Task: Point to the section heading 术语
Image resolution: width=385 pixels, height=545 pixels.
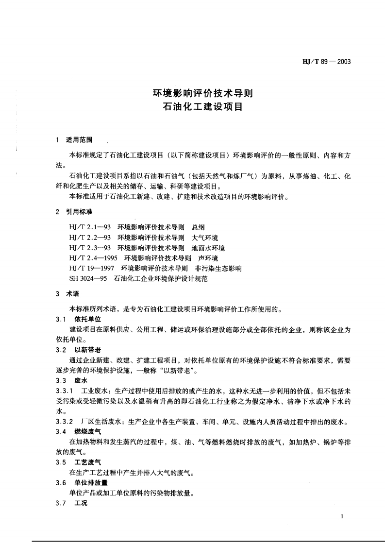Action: coord(72,294)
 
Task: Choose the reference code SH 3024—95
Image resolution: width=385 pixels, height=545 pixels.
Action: coord(89,279)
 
